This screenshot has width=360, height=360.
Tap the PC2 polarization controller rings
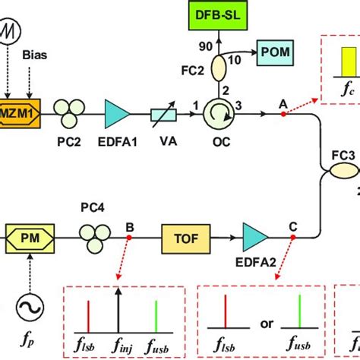[65, 111]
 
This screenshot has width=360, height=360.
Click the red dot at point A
[283, 114]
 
